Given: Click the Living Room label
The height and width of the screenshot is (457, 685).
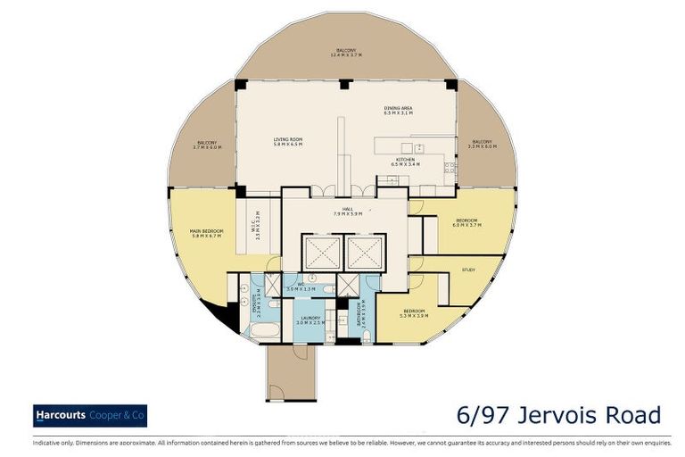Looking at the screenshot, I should [288, 141].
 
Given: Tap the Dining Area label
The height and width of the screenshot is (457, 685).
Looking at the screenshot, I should [397, 111].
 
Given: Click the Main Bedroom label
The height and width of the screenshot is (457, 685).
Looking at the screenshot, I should [206, 234].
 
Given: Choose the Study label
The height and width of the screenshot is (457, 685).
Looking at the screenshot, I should [468, 269].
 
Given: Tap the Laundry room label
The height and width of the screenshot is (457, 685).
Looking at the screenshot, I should [310, 320].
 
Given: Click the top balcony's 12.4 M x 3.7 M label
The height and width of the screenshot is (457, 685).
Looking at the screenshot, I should [346, 53].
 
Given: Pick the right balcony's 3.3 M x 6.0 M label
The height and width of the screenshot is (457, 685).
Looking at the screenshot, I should [482, 145].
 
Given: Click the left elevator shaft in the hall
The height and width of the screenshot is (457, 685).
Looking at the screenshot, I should [320, 253].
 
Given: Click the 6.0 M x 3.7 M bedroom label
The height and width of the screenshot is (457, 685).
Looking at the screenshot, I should [466, 222].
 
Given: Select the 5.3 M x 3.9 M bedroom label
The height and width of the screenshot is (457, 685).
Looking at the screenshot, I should [417, 314].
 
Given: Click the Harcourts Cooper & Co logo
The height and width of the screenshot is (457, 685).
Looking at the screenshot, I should [90, 415].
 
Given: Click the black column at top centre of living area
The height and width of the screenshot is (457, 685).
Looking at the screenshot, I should [346, 84].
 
